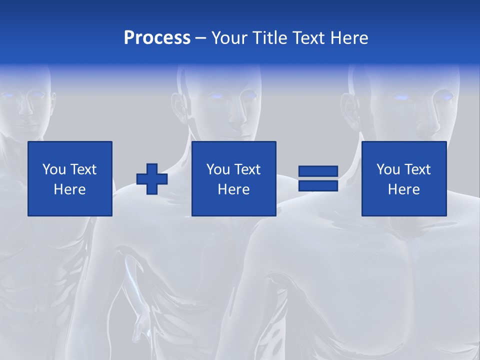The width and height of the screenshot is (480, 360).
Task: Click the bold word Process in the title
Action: pos(157,38)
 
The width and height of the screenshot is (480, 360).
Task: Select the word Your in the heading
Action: pos(228,38)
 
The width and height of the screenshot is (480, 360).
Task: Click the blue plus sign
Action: pos(152,179)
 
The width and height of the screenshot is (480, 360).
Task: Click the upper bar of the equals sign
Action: pos(318,171)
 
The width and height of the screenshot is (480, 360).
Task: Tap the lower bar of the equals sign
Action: pos(318,185)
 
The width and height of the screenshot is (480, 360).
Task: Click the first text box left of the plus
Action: pos(69,178)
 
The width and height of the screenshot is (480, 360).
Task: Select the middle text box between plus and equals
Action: pos(233,178)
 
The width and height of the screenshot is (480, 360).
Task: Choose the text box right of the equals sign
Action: pos(403,178)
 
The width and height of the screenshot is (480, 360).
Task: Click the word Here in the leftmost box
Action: pos(69,189)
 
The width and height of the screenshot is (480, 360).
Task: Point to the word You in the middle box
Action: pos(218,169)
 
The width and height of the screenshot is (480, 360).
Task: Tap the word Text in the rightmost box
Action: pos(417,169)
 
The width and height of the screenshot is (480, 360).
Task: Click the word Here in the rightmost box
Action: pos(403,189)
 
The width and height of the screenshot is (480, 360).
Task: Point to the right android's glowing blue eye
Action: pos(401,97)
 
